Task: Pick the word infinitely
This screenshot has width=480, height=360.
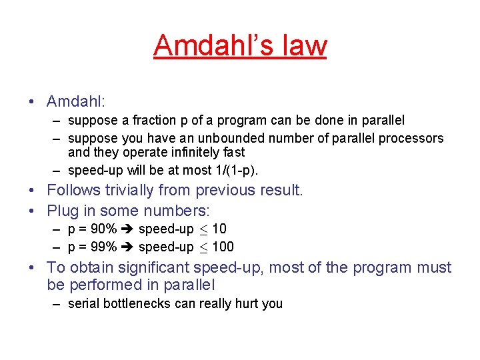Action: (x=189, y=152)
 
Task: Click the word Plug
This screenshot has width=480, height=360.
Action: (x=63, y=211)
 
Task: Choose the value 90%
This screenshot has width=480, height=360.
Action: (x=104, y=229)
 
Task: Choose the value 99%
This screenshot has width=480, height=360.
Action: (x=104, y=247)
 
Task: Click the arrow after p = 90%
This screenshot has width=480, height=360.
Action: (x=127, y=229)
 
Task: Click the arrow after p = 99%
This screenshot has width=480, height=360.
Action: (x=127, y=247)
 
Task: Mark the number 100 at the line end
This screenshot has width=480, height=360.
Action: (x=223, y=247)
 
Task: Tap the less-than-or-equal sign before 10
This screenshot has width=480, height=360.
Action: (x=203, y=230)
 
